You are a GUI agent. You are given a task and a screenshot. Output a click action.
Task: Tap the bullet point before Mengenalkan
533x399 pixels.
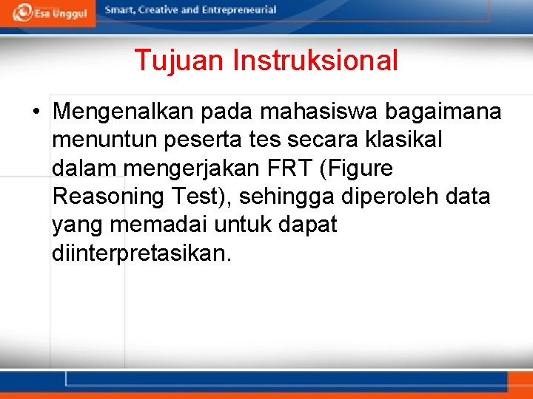point(36,112)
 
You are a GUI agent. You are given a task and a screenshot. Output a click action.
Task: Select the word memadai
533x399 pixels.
point(157,225)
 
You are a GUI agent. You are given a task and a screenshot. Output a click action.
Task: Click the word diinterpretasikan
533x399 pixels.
point(141,253)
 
